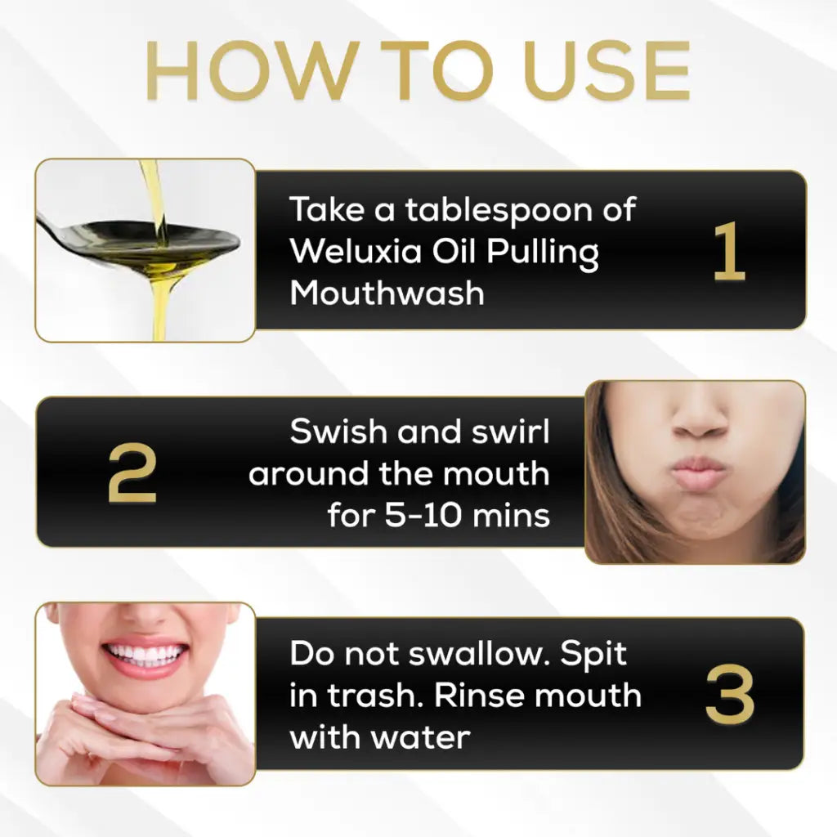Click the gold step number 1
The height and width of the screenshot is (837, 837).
(728, 252)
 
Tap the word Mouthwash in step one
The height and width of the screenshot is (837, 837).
(387, 293)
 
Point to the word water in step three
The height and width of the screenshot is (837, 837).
(423, 737)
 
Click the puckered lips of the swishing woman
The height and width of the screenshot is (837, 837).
(697, 473)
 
